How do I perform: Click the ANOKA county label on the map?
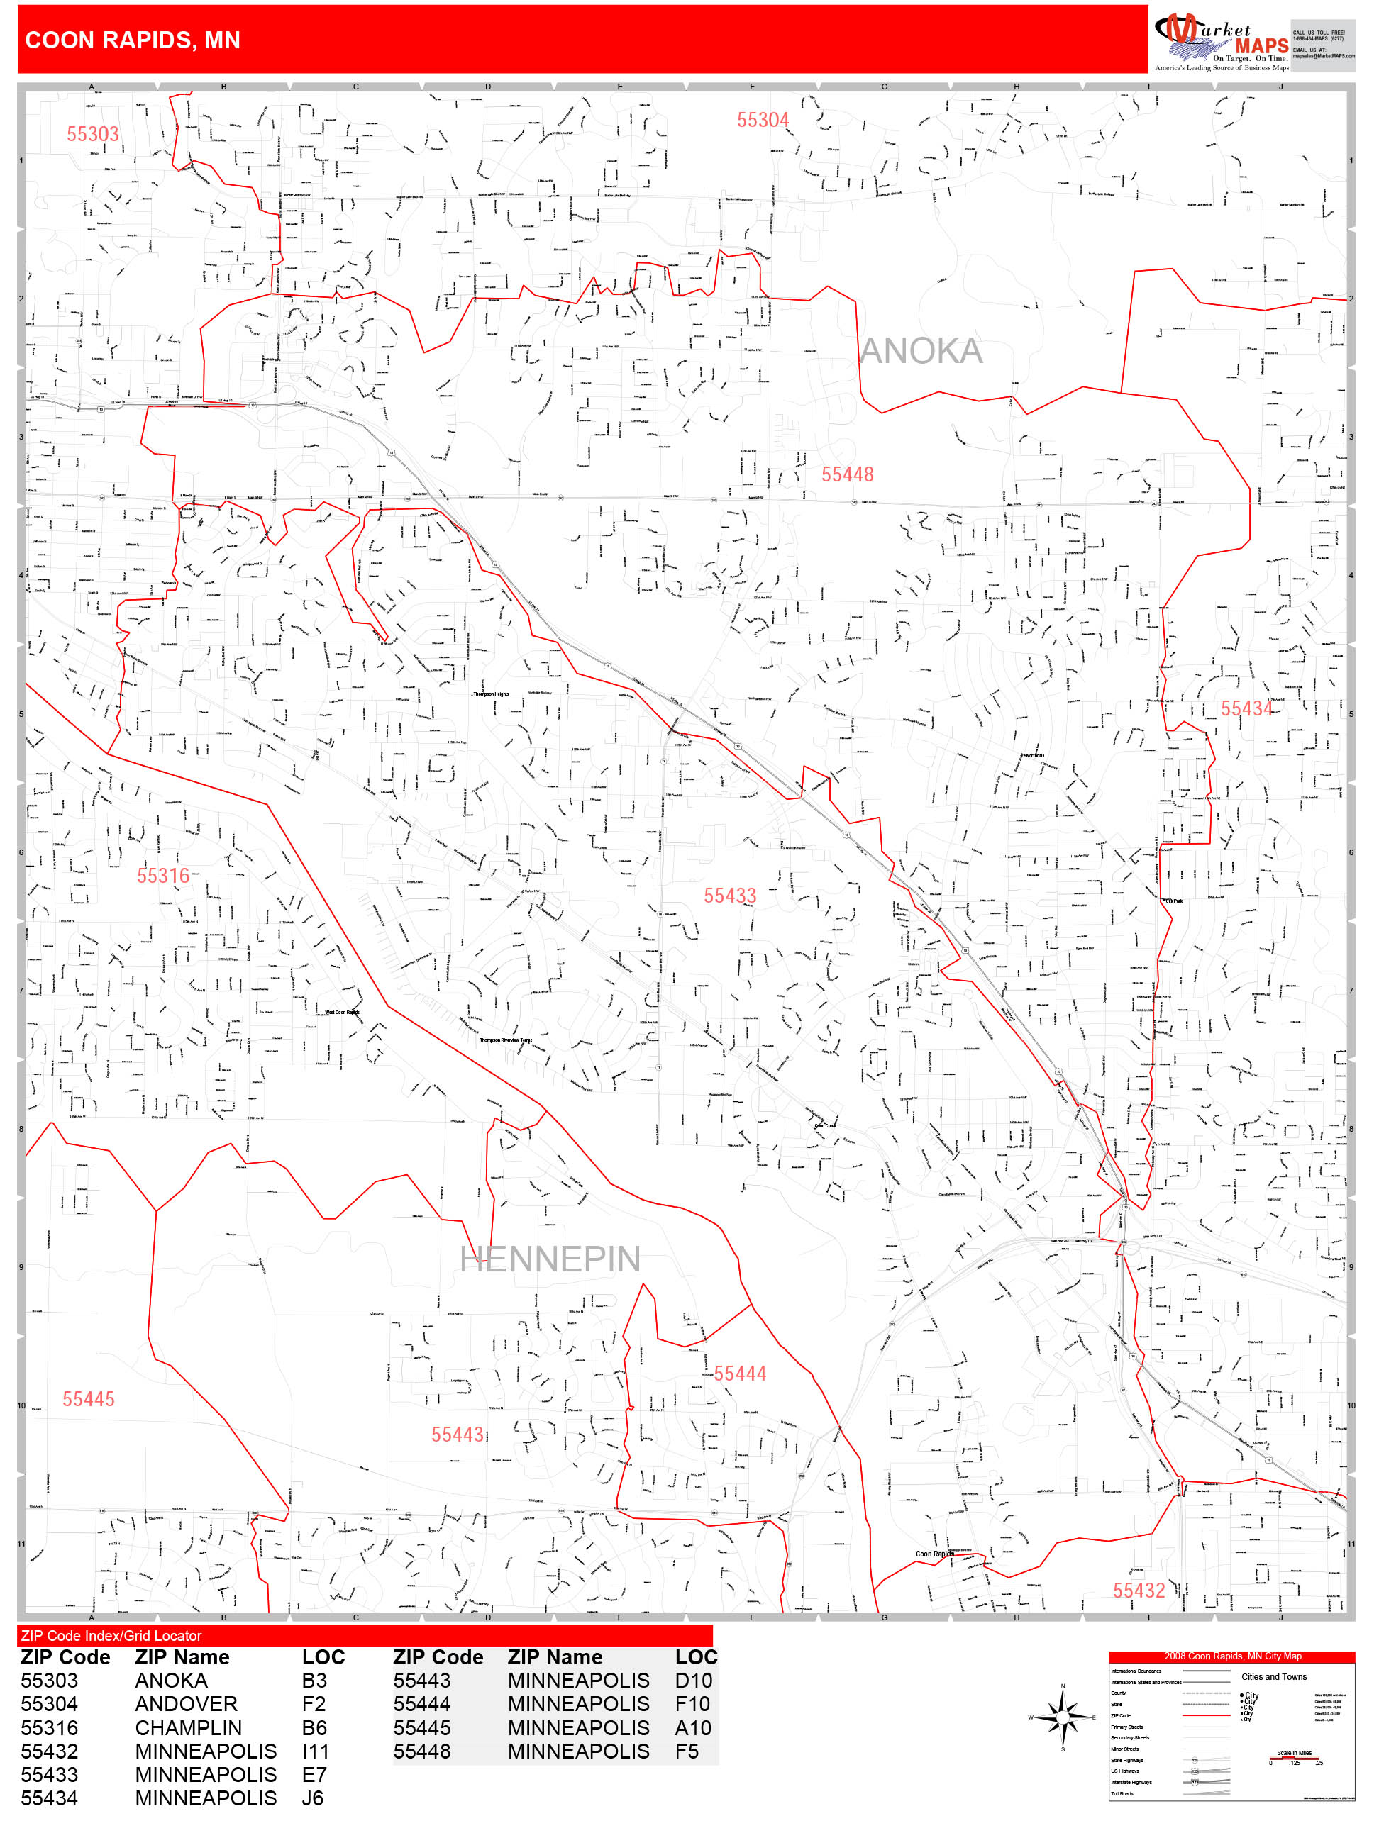920,352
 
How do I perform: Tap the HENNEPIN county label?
550,1259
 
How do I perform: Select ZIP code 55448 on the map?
847,474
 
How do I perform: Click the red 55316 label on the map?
163,876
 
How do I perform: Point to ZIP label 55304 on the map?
763,121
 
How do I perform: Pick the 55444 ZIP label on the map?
739,1374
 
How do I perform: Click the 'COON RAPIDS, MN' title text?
133,40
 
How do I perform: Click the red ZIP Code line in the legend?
1205,1715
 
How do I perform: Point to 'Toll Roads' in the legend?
1122,1793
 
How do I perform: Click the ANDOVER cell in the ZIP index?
186,1703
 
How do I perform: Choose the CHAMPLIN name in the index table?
188,1727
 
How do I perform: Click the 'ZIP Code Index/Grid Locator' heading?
111,1635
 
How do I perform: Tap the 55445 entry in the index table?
421,1727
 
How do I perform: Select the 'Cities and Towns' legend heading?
1273,1677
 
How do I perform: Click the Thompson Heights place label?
490,694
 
